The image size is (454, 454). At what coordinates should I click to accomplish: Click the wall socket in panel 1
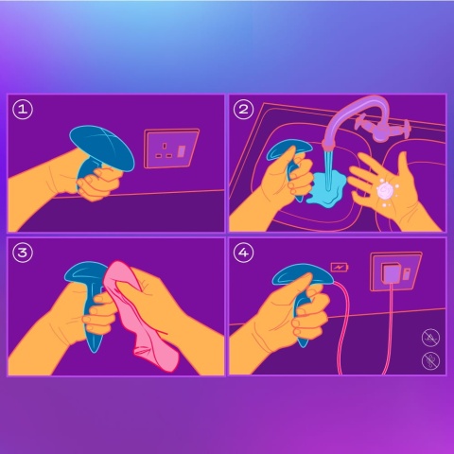pos(171,148)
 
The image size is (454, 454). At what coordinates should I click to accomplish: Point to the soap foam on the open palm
pos(385,190)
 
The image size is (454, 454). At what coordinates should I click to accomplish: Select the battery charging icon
pos(338,269)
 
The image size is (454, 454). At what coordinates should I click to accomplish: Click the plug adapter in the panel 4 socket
pos(389,275)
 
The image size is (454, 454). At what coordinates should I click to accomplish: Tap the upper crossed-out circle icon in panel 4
pos(428,337)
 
